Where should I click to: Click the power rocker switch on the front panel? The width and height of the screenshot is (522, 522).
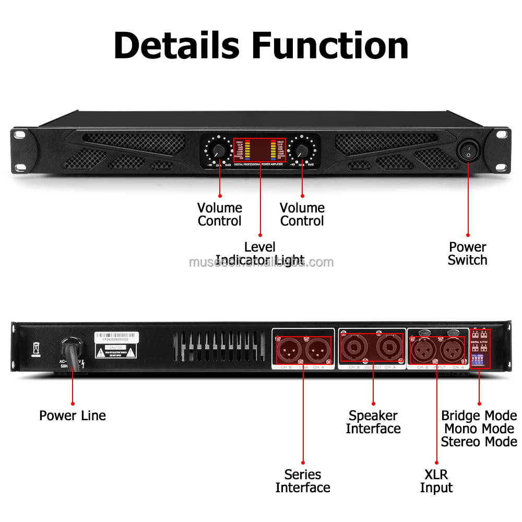click(x=468, y=151)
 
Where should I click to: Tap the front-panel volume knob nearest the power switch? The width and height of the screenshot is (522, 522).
click(x=301, y=150)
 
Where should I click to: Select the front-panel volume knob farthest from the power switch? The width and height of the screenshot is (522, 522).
click(x=219, y=151)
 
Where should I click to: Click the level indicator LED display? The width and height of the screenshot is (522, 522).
click(x=260, y=150)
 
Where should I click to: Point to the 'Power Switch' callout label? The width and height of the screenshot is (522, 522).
click(x=467, y=253)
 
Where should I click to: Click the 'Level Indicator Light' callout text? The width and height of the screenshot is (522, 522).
click(x=259, y=253)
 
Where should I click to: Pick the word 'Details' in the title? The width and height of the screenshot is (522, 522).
click(x=176, y=45)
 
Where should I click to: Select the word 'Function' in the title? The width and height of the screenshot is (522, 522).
click(x=330, y=45)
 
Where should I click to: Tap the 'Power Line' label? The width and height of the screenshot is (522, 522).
click(x=73, y=416)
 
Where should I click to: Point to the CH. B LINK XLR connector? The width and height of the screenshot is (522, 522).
click(x=289, y=349)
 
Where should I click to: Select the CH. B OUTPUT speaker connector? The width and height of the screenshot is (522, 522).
click(x=355, y=347)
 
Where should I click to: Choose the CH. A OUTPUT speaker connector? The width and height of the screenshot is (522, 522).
click(x=389, y=347)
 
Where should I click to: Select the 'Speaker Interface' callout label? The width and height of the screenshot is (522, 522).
click(x=373, y=422)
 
